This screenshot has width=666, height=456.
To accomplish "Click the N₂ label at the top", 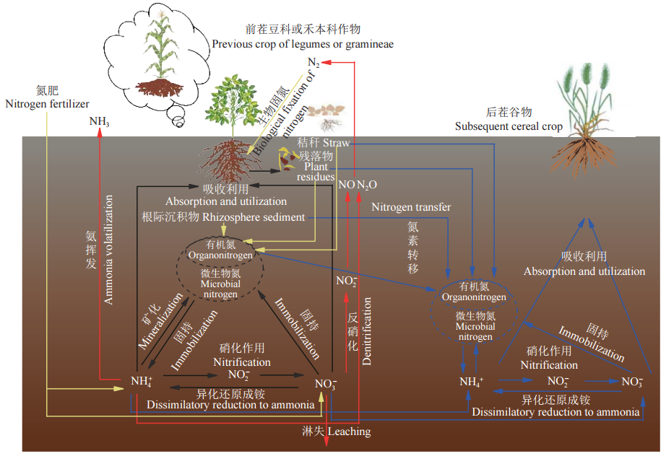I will tap(314, 61).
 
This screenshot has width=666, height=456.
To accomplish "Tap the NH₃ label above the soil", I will tap(100, 120).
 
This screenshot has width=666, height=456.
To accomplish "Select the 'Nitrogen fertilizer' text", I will tap(46, 103).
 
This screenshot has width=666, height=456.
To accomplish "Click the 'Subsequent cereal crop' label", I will tap(509, 126).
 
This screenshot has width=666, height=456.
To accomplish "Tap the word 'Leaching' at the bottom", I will tap(349, 431).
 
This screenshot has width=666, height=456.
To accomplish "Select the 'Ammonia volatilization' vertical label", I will tap(109, 238).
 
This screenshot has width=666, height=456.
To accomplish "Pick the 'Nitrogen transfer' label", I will tap(411, 207).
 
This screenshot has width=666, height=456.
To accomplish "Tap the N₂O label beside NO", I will tap(367, 185).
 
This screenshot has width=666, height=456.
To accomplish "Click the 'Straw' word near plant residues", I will tap(336, 143).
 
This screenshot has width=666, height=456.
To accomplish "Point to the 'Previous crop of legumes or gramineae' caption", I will tap(303, 44).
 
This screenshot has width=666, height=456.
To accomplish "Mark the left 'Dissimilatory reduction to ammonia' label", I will tap(230, 404).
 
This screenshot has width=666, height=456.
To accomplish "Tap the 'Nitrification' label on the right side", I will tap(549, 365).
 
